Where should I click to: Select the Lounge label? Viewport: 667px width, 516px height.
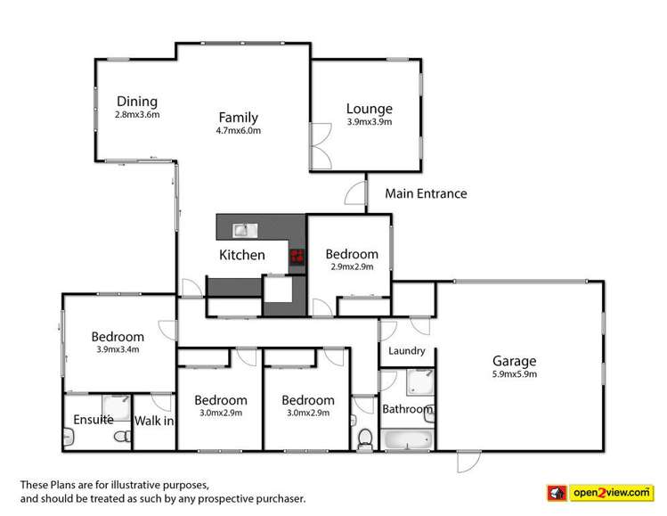coord(369,110)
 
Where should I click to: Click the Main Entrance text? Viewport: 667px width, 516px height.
coord(426,193)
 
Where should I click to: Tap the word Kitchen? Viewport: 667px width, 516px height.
coord(242,255)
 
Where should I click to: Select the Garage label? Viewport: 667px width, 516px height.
coord(515,361)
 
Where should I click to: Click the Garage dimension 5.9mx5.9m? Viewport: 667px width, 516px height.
coord(515,374)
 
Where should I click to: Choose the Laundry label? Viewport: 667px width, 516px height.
coord(407,351)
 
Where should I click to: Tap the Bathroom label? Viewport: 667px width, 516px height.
coord(407,410)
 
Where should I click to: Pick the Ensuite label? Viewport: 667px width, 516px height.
coord(94,420)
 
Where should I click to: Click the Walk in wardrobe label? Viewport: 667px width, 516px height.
coord(154,420)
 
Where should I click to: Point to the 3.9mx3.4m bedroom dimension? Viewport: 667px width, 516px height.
coord(117,350)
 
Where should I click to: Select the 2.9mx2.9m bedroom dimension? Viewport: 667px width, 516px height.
coord(351,266)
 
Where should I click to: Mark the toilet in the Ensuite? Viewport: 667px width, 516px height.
coord(69,437)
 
